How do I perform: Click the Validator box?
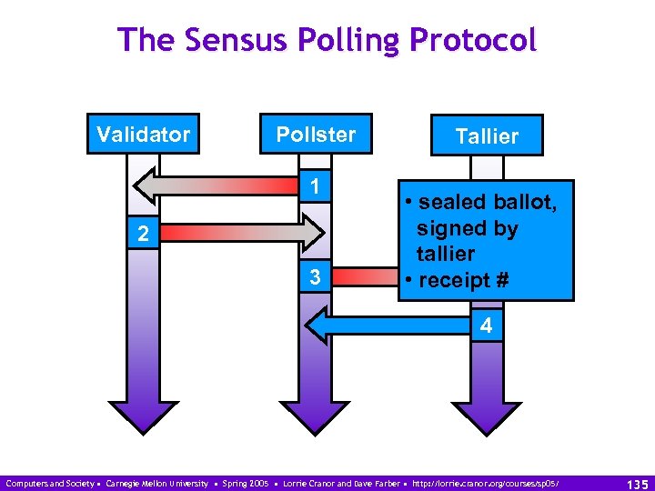coord(143,135)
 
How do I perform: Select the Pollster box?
coord(316,135)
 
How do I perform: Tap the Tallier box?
coord(487,135)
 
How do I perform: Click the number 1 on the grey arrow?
coord(312,186)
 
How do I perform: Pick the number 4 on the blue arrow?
coord(486,325)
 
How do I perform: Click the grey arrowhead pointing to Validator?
coord(147,186)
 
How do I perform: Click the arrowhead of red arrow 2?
coord(312,233)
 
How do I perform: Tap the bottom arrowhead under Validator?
coord(144,414)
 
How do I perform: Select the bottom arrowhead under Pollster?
coord(316,414)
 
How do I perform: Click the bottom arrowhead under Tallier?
coord(488,414)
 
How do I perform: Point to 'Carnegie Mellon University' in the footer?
coord(156,482)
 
